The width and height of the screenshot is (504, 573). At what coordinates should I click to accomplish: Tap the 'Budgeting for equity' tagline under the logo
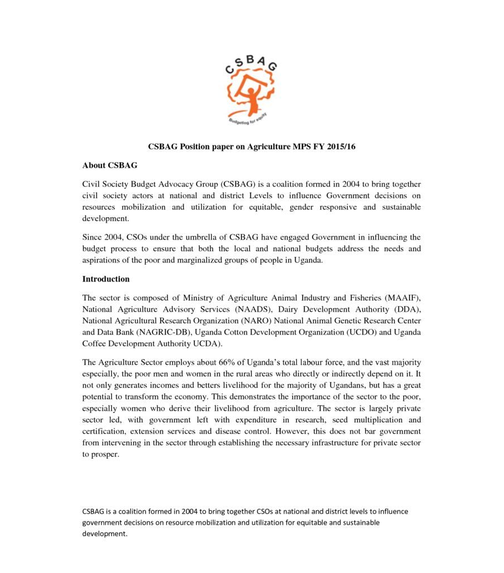(x=247, y=121)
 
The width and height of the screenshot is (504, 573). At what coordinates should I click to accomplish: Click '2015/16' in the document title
(x=339, y=147)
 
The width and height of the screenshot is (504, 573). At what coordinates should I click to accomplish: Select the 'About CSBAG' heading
(x=110, y=166)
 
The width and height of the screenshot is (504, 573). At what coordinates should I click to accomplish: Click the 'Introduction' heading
(x=106, y=279)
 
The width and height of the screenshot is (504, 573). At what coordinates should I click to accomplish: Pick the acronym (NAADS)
(x=257, y=309)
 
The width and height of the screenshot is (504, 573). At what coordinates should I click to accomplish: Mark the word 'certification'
(x=106, y=431)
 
